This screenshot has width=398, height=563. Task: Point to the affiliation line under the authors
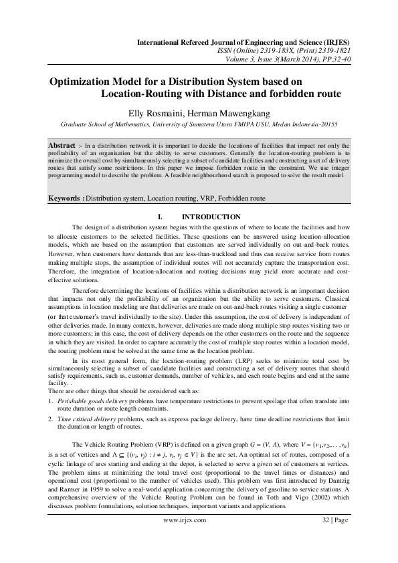199,124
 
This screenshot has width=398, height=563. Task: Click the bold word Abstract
62,144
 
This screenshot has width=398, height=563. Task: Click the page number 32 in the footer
325,519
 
